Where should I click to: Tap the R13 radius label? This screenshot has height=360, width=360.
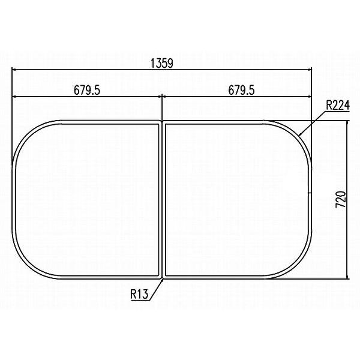[x=139, y=295]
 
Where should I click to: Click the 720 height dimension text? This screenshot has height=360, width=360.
[x=340, y=200]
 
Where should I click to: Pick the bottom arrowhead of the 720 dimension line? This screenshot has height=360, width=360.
[x=347, y=277]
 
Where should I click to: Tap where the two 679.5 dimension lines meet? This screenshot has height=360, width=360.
[x=162, y=96]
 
